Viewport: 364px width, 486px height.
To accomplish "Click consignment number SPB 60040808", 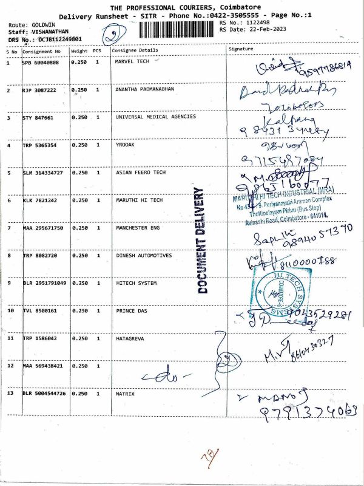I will pos(41,62).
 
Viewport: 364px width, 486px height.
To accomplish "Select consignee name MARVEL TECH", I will pos(132,61).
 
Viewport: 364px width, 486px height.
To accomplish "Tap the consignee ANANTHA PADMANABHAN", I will pos(143,89).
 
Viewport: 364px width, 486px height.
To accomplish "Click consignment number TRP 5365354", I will pos(39,145).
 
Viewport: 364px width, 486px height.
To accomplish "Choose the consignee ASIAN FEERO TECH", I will pos(140,173).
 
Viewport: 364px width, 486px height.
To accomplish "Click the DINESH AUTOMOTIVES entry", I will pos(143,255).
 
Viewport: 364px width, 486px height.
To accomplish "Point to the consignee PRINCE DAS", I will pos(132,310).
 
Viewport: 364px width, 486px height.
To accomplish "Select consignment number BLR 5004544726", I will pos(43,394).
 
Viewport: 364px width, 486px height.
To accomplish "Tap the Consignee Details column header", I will pos(136,50).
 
